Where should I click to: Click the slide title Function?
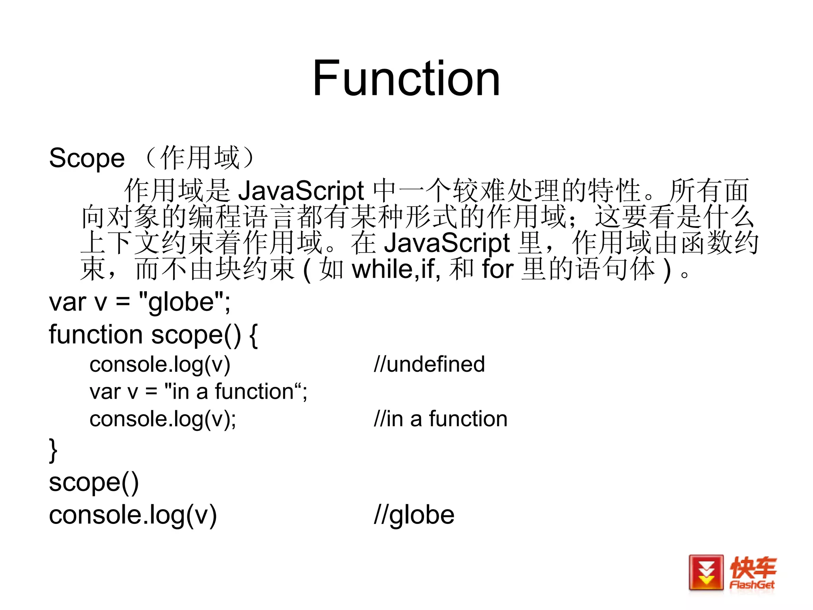pyautogui.click(x=406, y=78)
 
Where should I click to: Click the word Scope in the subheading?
pyautogui.click(x=87, y=158)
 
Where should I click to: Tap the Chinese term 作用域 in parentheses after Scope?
pyautogui.click(x=200, y=158)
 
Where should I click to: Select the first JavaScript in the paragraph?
pyautogui.click(x=301, y=191)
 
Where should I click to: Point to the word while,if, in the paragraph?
pyautogui.click(x=396, y=269)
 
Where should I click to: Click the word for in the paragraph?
pyautogui.click(x=498, y=269)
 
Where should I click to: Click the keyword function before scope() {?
pyautogui.click(x=96, y=334)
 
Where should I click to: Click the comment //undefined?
pyautogui.click(x=429, y=364)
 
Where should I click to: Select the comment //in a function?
pyautogui.click(x=441, y=419)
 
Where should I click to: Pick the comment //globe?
pyautogui.click(x=414, y=515)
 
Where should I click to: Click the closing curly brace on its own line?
pyautogui.click(x=53, y=450)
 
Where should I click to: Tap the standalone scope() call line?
pyautogui.click(x=94, y=483)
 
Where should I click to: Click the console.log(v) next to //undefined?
pyautogui.click(x=160, y=364)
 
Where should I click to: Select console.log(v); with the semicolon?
pyautogui.click(x=163, y=419)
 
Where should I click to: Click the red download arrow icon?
pyautogui.click(x=706, y=573)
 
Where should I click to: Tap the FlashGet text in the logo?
pyautogui.click(x=752, y=585)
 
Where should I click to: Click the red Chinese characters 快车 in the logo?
pyautogui.click(x=753, y=568)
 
